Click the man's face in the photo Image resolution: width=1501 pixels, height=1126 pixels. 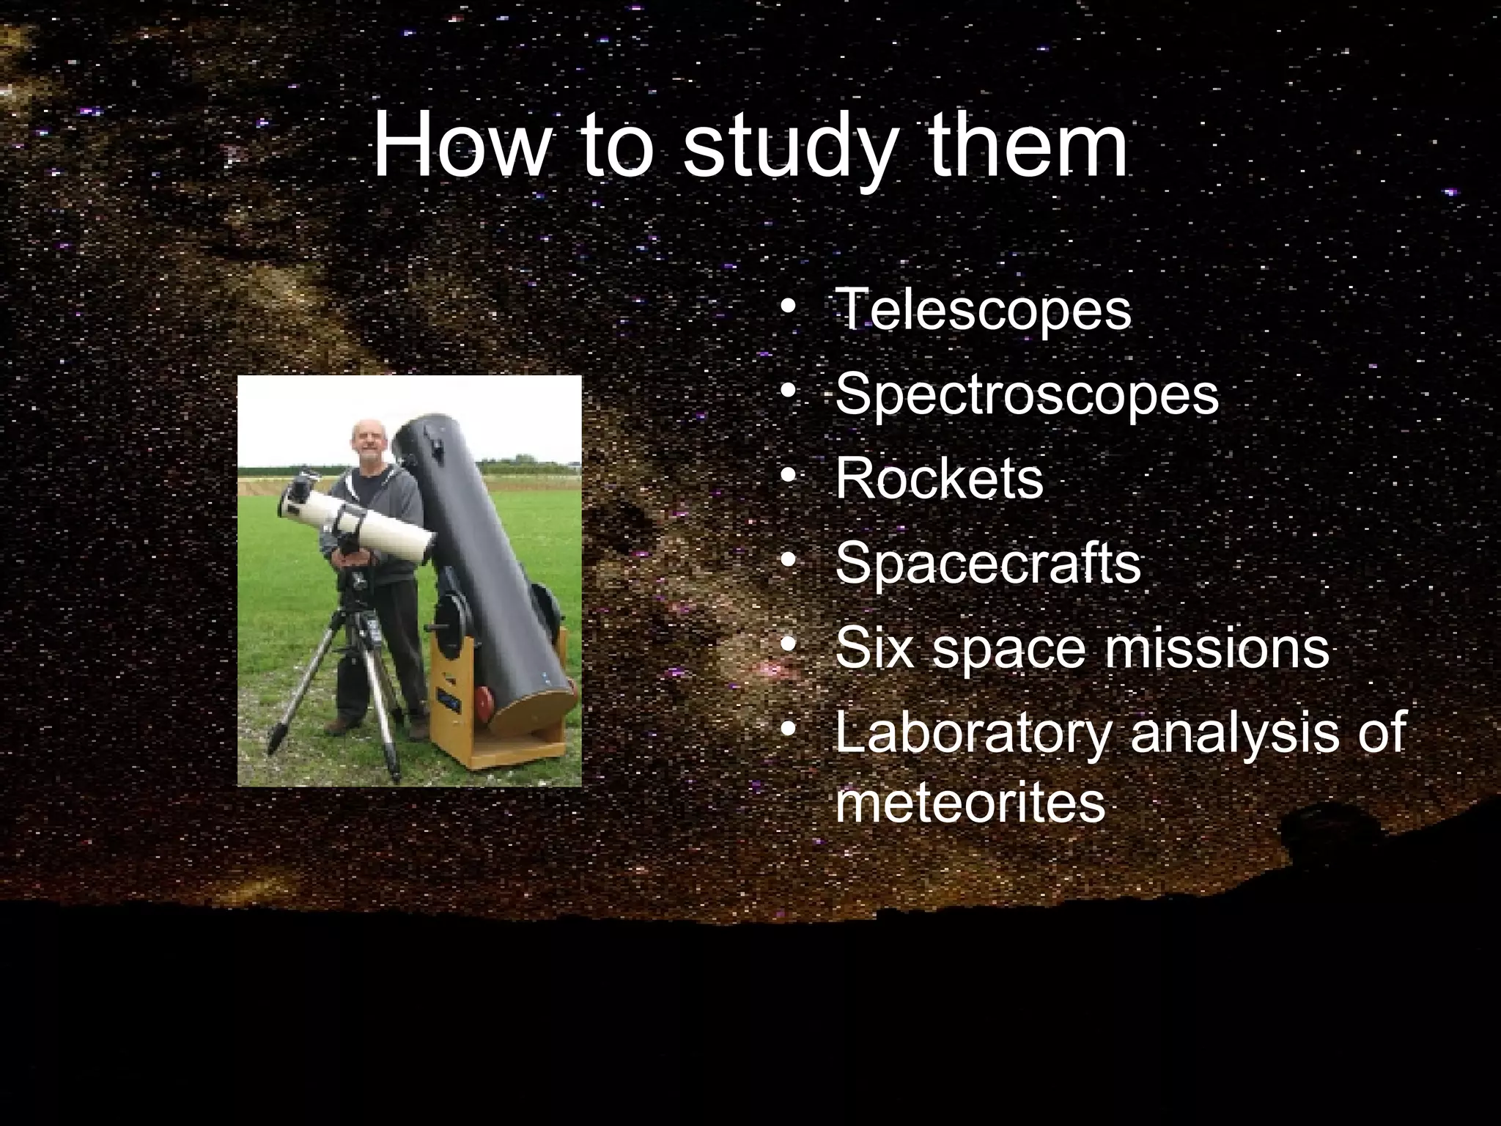point(364,441)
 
